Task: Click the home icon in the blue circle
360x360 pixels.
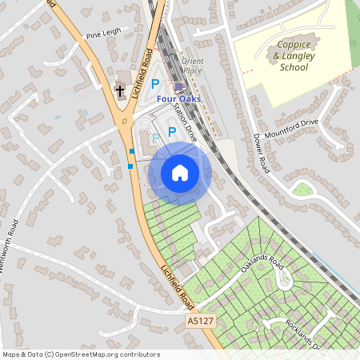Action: pos(180,172)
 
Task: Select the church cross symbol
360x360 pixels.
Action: pos(120,90)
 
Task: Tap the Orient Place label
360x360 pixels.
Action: pos(193,65)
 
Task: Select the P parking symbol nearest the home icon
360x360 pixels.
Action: pos(171,134)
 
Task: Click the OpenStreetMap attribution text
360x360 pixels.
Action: pos(80,354)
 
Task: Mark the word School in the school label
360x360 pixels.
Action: pos(294,67)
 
